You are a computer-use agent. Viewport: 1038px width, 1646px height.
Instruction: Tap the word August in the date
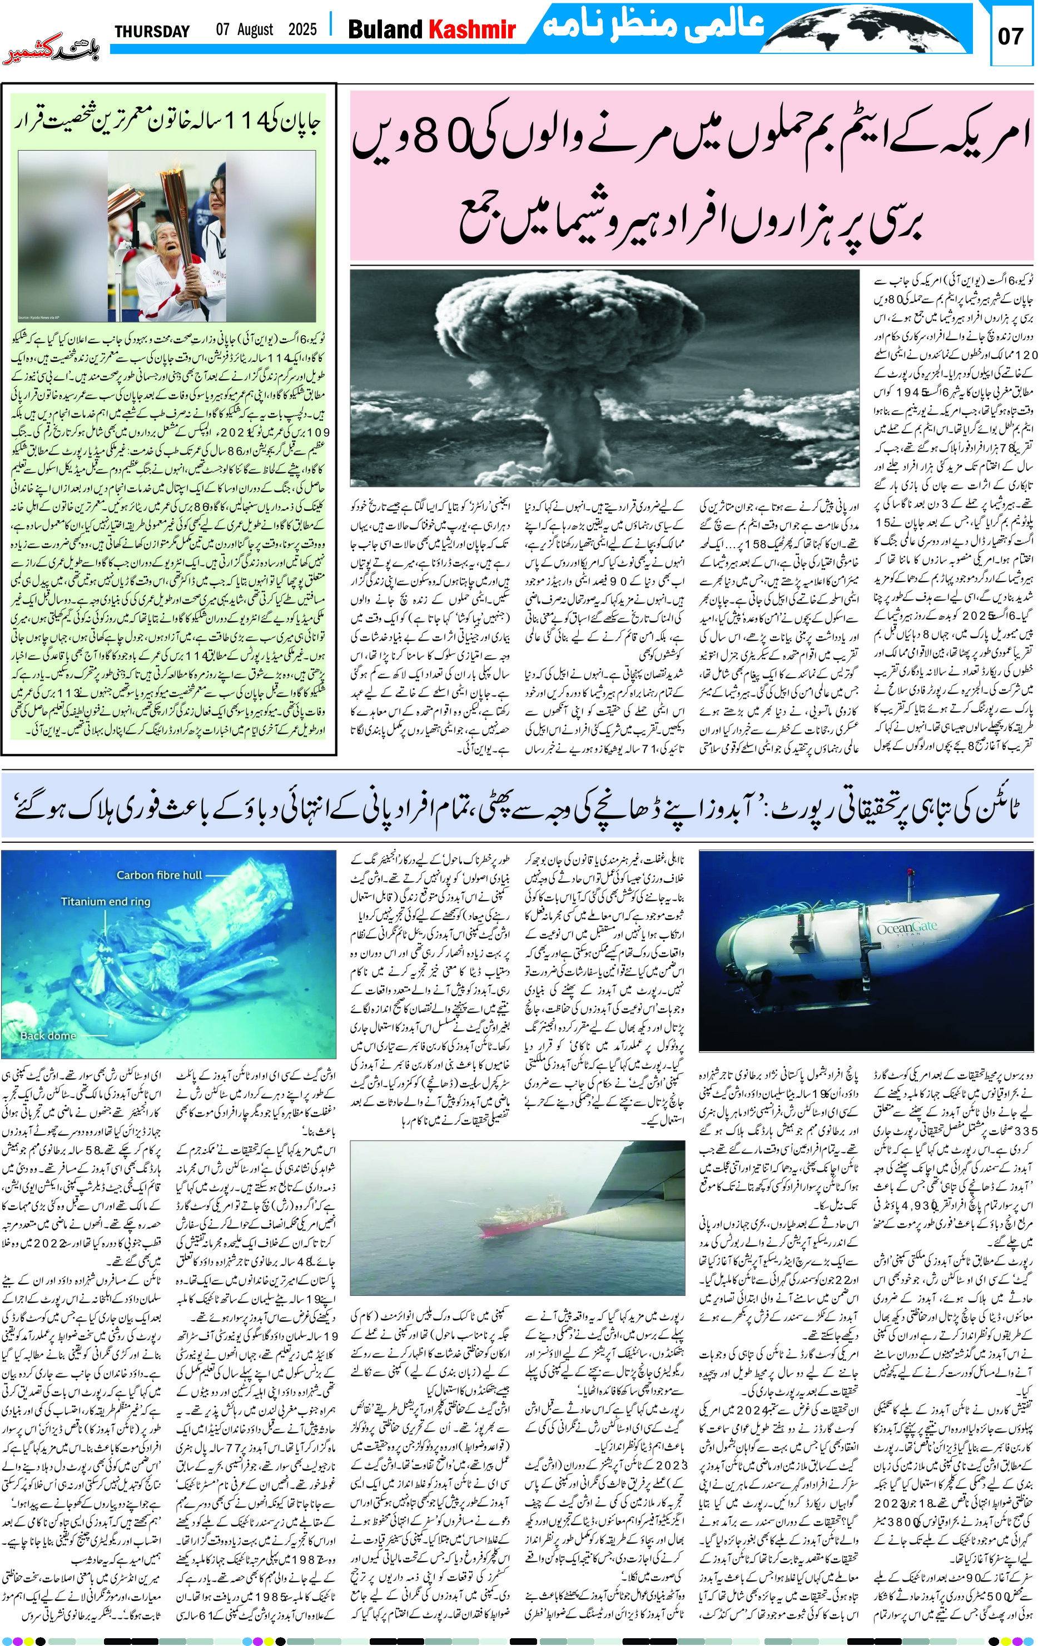(255, 30)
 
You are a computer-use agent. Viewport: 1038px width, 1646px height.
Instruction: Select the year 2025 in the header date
(302, 30)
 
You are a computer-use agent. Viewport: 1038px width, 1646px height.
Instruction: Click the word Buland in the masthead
(386, 29)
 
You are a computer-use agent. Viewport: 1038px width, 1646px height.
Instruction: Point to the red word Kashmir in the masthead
(472, 29)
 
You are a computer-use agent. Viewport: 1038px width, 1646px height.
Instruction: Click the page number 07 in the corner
(1011, 36)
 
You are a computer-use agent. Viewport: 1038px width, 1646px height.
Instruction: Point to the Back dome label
(48, 1036)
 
